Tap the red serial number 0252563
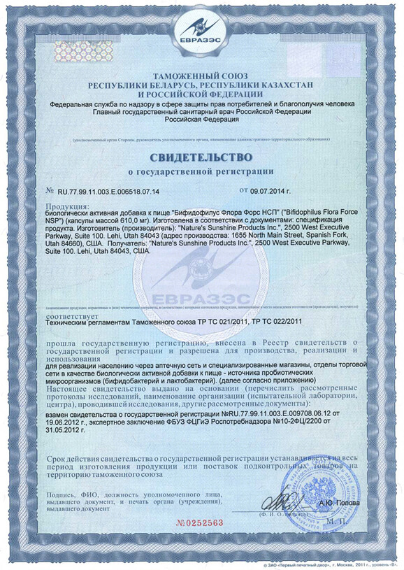199,522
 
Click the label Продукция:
67,206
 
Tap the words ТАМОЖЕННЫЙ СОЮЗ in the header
201,76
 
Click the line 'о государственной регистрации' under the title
201,171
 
